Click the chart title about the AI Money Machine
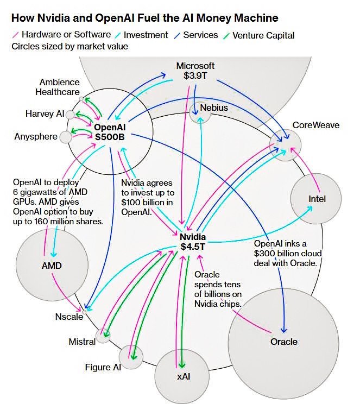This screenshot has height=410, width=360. tap(144, 18)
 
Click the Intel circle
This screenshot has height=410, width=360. tap(317, 199)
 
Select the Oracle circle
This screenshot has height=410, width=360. tap(283, 342)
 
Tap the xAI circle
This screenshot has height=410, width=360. tap(182, 375)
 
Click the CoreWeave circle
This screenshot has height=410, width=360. tap(286, 144)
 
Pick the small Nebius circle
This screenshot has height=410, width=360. tap(199, 109)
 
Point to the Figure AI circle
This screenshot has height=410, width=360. tap(131, 356)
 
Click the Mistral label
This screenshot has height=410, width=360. tap(82, 342)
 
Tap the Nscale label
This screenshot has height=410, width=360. tap(69, 317)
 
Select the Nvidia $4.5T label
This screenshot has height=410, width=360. tap(193, 242)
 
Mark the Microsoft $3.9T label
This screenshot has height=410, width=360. tap(195, 71)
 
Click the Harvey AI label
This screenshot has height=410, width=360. tap(45, 113)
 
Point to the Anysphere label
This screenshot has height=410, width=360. tap(36, 136)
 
